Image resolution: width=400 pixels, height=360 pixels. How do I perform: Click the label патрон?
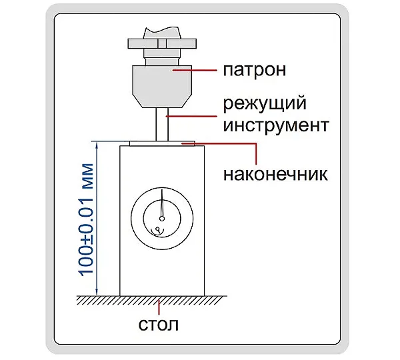pyautogui.click(x=255, y=70)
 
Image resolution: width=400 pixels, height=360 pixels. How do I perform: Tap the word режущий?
pyautogui.click(x=265, y=103)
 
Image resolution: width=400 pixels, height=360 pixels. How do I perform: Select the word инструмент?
pyautogui.click(x=276, y=125)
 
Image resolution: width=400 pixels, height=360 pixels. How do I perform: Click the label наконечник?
pyautogui.click(x=275, y=175)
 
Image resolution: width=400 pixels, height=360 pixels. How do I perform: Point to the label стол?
pyautogui.click(x=159, y=325)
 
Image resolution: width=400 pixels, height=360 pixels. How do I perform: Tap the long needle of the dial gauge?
pyautogui.click(x=162, y=203)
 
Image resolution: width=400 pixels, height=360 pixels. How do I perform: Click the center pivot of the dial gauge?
pyautogui.click(x=162, y=219)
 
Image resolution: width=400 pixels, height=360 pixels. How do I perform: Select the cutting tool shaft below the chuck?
pyautogui.click(x=162, y=124)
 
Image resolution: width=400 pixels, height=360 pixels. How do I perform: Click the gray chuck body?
pyautogui.click(x=162, y=86)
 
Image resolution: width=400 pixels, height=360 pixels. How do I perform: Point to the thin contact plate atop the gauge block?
pyautogui.click(x=162, y=143)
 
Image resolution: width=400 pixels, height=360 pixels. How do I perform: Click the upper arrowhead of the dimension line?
pyautogui.click(x=97, y=145)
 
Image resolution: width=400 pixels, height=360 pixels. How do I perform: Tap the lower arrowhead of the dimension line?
pyautogui.click(x=97, y=293)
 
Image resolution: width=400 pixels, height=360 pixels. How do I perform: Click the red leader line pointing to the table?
pyautogui.click(x=159, y=307)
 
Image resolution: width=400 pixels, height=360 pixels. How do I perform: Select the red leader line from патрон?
pyautogui.click(x=195, y=70)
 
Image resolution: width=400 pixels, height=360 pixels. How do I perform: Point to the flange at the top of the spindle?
pyautogui.click(x=162, y=43)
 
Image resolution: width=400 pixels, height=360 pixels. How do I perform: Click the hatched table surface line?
pyautogui.click(x=152, y=296)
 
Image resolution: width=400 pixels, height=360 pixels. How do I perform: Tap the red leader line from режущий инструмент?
pyautogui.click(x=191, y=117)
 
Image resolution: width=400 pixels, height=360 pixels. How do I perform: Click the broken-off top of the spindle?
pyautogui.click(x=162, y=33)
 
